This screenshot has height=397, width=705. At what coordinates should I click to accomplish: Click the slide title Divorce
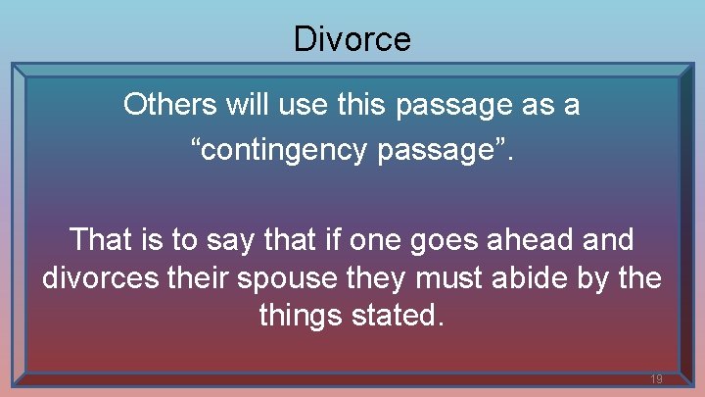pos(352,39)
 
